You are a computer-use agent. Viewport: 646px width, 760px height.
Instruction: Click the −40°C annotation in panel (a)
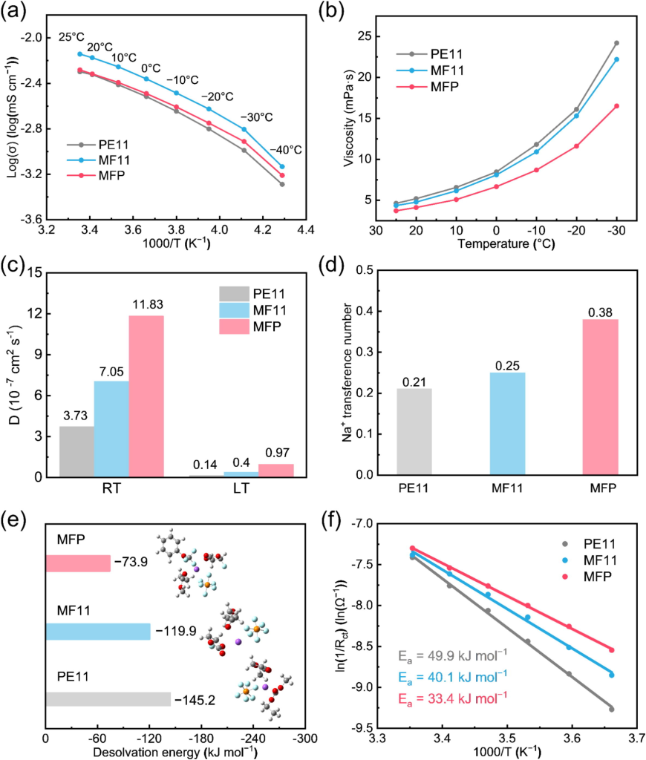click(x=287, y=150)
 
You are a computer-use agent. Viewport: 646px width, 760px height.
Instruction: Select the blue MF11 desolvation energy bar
click(x=97, y=632)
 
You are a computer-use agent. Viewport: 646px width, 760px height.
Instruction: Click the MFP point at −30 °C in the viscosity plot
click(x=616, y=106)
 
